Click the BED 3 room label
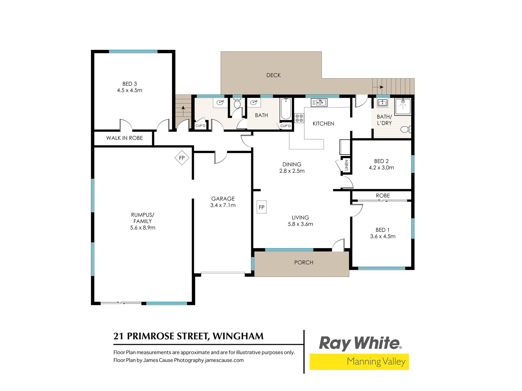click(130, 84)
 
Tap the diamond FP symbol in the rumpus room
click(182, 158)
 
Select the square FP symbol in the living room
click(262, 207)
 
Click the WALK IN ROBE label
click(125, 138)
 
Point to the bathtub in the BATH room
click(286, 109)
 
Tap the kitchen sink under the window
click(319, 102)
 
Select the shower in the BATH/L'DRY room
click(403, 106)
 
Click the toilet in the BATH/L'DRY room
click(406, 129)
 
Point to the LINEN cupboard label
click(346, 165)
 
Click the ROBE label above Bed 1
click(383, 195)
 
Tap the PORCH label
click(304, 263)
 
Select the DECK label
click(274, 75)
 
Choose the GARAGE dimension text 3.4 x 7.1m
click(223, 205)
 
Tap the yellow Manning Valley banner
click(359, 362)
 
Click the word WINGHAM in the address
click(238, 336)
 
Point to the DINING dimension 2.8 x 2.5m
click(292, 171)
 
